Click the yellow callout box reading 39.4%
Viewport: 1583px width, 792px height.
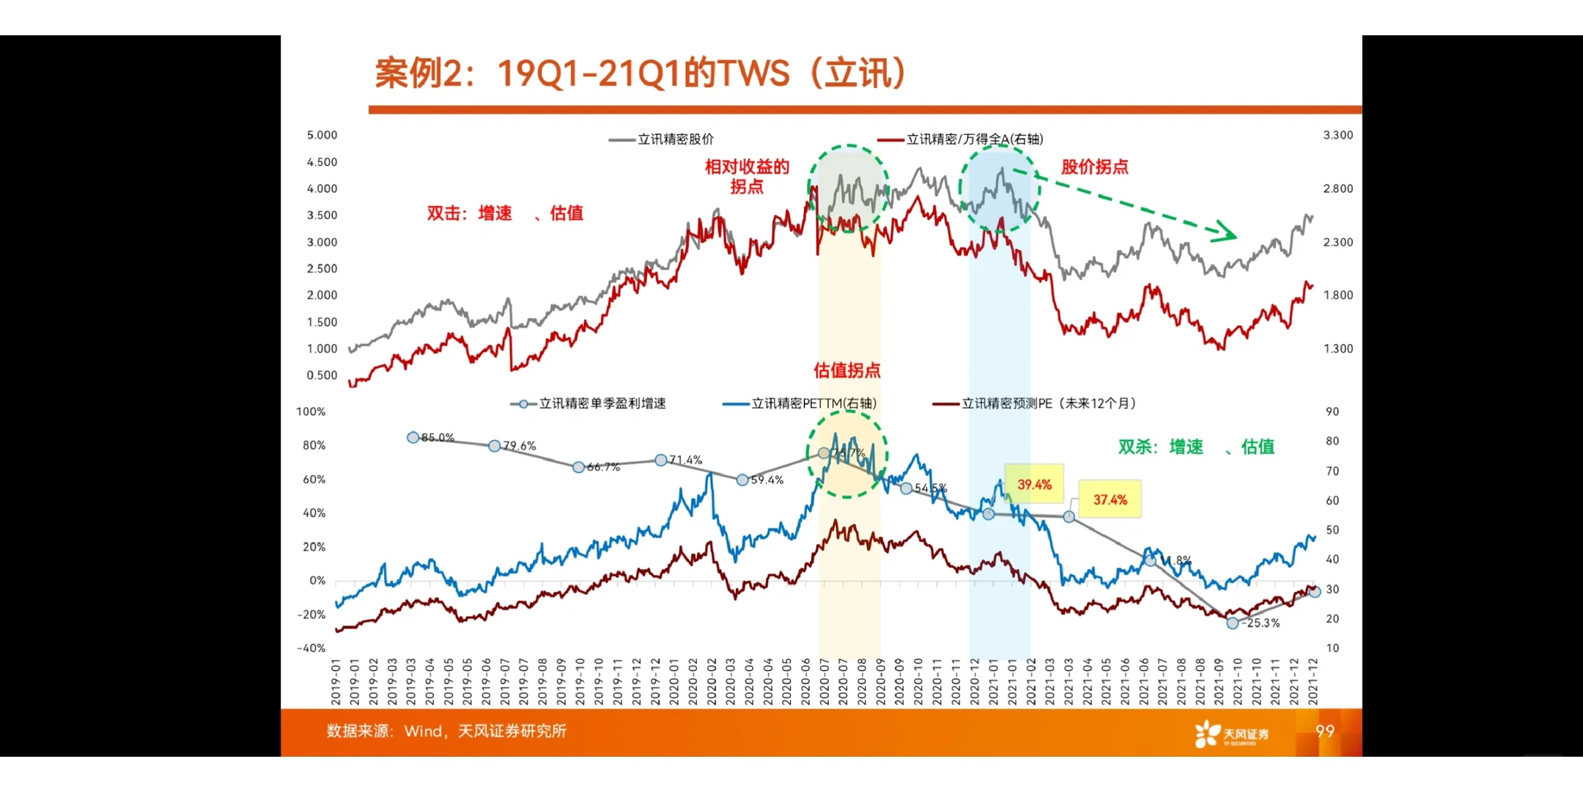pyautogui.click(x=1033, y=484)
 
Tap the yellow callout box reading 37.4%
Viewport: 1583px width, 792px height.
pyautogui.click(x=1110, y=499)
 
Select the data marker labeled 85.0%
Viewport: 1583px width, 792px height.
pyautogui.click(x=413, y=437)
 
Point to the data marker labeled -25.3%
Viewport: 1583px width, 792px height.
pyautogui.click(x=1233, y=623)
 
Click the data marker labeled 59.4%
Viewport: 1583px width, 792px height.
pyautogui.click(x=742, y=480)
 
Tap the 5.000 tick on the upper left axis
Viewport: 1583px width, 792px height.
pyautogui.click(x=322, y=135)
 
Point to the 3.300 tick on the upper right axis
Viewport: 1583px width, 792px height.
pyautogui.click(x=1337, y=135)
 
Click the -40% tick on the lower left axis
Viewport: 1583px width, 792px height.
pyautogui.click(x=311, y=648)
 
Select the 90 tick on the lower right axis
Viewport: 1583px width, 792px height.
pyautogui.click(x=1332, y=411)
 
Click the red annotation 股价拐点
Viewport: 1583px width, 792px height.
pyautogui.click(x=1094, y=166)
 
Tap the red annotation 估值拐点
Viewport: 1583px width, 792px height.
pyautogui.click(x=846, y=370)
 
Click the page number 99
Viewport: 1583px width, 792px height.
pyautogui.click(x=1324, y=731)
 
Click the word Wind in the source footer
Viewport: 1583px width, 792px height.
pyautogui.click(x=424, y=731)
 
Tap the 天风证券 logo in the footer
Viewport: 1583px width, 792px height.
pyautogui.click(x=1231, y=733)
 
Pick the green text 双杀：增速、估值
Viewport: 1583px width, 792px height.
pyautogui.click(x=1196, y=447)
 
